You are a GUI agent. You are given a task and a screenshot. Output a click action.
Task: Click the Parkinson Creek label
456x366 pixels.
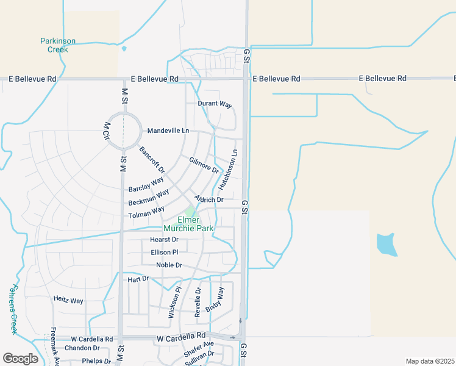pyautogui.click(x=58, y=45)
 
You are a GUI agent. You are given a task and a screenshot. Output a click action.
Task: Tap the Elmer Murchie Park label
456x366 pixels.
pyautogui.click(x=196, y=224)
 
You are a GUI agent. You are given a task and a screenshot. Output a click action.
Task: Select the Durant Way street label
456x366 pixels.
pyautogui.click(x=215, y=104)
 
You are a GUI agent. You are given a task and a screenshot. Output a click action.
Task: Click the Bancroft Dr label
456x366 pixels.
pyautogui.click(x=152, y=160)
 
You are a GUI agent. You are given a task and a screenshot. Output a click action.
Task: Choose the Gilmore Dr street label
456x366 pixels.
pyautogui.click(x=204, y=165)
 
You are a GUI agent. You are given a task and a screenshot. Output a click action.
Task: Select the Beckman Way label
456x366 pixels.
pyautogui.click(x=149, y=198)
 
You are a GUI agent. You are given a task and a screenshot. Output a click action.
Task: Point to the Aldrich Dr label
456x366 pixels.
pyautogui.click(x=209, y=199)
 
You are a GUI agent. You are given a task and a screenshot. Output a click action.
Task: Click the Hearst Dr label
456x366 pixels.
pyautogui.click(x=164, y=240)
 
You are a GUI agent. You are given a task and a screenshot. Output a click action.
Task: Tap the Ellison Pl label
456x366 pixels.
pyautogui.click(x=164, y=252)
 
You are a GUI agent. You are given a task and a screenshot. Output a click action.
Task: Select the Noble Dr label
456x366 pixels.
pyautogui.click(x=169, y=265)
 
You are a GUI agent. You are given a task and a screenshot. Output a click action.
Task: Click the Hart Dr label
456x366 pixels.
pyautogui.click(x=138, y=279)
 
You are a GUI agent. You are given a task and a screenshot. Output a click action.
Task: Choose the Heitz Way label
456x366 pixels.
pyautogui.click(x=68, y=301)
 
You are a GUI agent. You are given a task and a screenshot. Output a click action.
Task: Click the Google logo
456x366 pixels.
pyautogui.click(x=20, y=359)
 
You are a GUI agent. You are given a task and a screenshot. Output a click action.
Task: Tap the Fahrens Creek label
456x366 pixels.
pyautogui.click(x=13, y=309)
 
